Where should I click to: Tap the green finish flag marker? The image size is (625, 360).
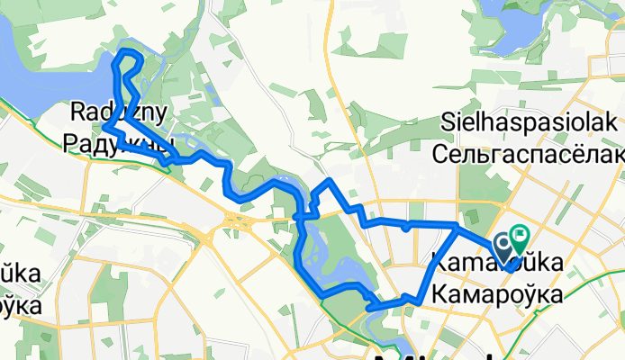[x=521, y=237]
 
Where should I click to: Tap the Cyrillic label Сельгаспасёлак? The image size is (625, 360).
[x=528, y=154]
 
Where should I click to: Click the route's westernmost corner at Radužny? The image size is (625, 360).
[x=104, y=129]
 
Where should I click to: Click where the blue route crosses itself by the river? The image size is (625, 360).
[x=304, y=216]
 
